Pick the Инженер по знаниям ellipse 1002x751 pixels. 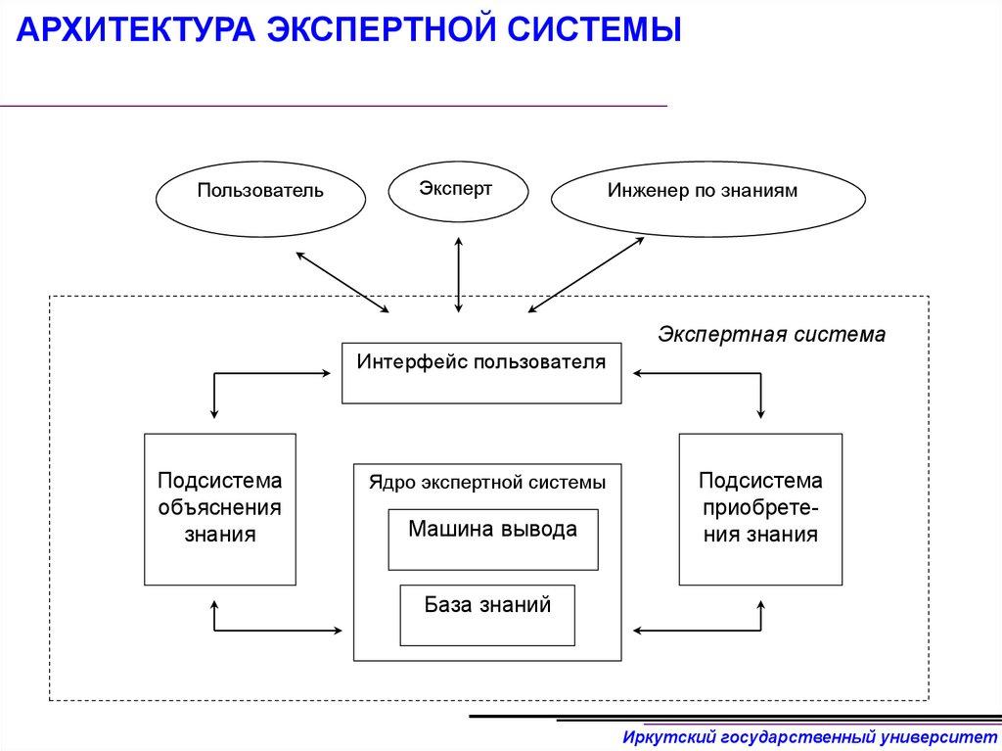pyautogui.click(x=707, y=198)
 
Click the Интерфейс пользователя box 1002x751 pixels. pyautogui.click(x=480, y=372)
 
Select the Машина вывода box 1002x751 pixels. pyautogui.click(x=492, y=539)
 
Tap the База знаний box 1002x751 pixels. pyautogui.click(x=487, y=614)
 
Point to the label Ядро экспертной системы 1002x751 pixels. pyautogui.click(x=486, y=482)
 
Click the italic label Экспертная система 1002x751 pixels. pyautogui.click(x=771, y=334)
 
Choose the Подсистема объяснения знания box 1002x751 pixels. pyautogui.click(x=220, y=508)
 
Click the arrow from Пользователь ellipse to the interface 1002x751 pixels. pyautogui.click(x=342, y=280)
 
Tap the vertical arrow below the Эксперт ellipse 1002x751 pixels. pyautogui.click(x=458, y=275)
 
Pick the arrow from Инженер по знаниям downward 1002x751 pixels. pyautogui.click(x=588, y=275)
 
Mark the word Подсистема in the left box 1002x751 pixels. pyautogui.click(x=220, y=481)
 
